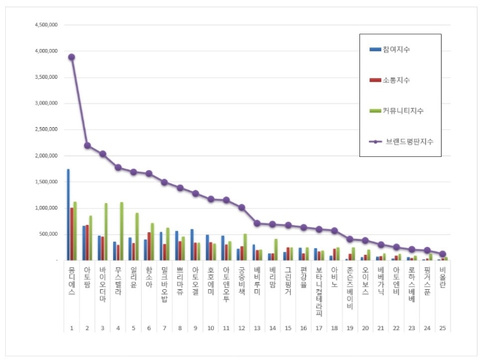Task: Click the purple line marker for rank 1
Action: coord(72,57)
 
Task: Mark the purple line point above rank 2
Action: coord(87,145)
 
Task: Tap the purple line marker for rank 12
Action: coord(242,207)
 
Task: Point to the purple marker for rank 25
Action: coord(443,254)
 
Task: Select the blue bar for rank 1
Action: coord(68,215)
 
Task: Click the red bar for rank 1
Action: coord(72,234)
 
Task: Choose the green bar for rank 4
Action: coord(121,231)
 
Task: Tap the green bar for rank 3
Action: coord(106,231)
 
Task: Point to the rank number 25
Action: coord(443,328)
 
